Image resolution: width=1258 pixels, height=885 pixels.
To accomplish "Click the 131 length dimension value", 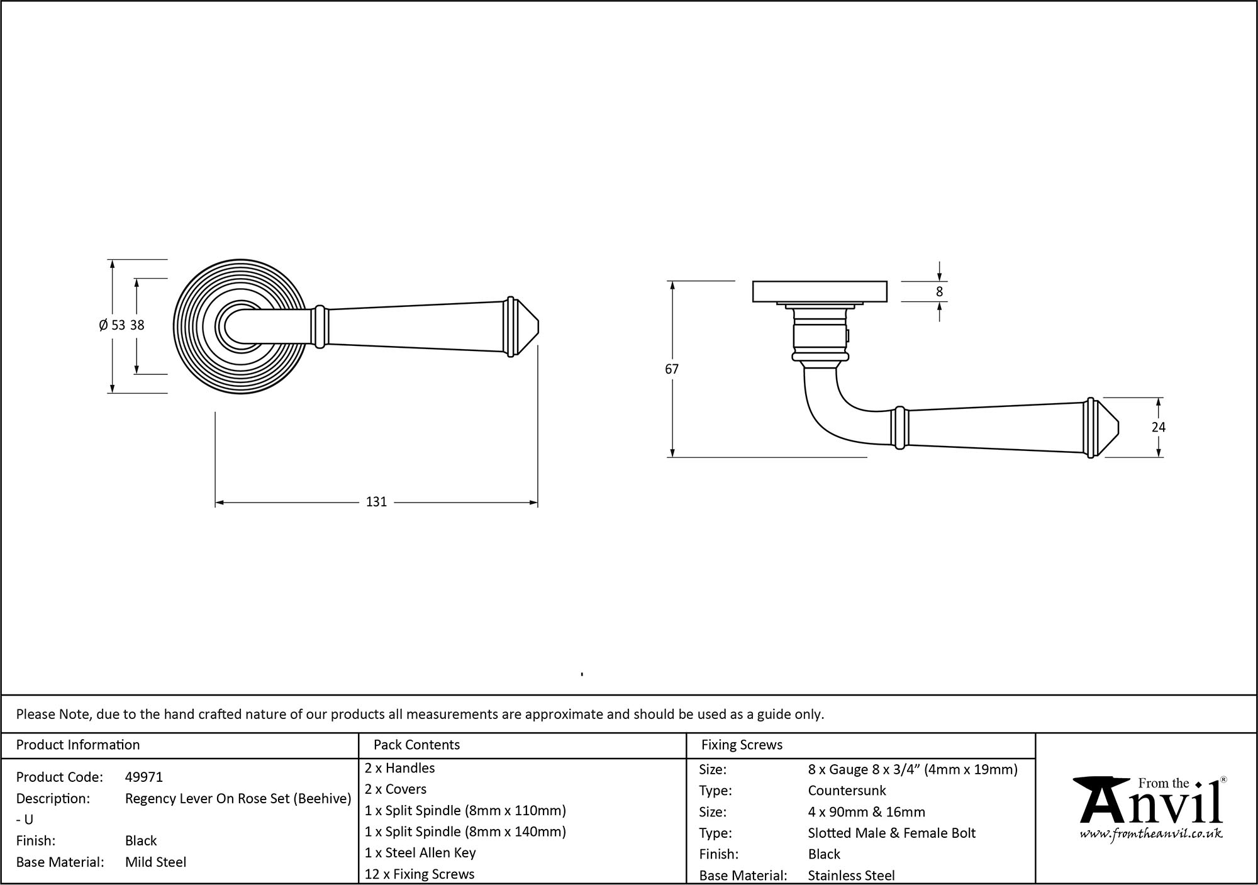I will point(376,502).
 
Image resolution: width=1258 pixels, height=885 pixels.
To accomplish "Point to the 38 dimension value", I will point(137,325).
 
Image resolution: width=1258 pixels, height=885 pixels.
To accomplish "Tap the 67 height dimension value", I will point(672,369).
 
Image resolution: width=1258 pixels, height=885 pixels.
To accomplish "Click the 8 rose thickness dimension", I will point(939,292).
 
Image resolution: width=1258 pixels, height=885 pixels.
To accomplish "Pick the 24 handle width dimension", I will point(1158,427).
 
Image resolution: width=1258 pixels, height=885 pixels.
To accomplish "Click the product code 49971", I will point(144,777).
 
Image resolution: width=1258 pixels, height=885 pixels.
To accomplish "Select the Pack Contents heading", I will point(416,745).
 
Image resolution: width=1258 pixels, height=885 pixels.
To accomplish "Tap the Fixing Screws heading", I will point(742,745).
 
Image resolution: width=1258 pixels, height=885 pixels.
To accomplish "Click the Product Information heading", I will point(78,745).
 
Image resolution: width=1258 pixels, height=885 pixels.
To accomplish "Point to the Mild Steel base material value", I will point(155,862).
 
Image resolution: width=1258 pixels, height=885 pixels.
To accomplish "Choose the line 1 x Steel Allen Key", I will point(420,853).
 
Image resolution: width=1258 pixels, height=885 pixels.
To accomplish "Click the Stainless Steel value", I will point(851,875).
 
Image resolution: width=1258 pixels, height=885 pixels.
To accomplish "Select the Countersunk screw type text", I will point(847,791).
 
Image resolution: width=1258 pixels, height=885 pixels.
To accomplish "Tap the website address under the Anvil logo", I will point(1151,833).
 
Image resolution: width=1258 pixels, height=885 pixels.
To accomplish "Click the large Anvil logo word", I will point(1151,805).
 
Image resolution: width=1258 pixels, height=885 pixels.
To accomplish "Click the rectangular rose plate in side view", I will point(820,292).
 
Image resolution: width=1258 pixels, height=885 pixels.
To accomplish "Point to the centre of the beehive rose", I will point(240,326).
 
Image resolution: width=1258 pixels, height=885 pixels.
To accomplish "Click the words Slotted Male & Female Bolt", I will point(891,833).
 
